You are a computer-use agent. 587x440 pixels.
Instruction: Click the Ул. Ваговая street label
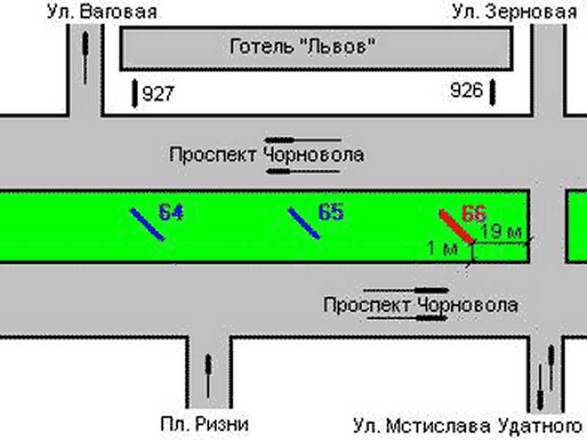pyautogui.click(x=102, y=12)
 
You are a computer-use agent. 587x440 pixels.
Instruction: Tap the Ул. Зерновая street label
pyautogui.click(x=514, y=12)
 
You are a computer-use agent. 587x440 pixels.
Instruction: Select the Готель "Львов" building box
pyautogui.click(x=316, y=48)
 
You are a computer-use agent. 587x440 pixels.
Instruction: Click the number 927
pyautogui.click(x=158, y=94)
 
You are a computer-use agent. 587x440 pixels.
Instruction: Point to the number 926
pyautogui.click(x=467, y=90)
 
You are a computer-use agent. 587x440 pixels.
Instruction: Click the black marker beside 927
pyautogui.click(x=135, y=93)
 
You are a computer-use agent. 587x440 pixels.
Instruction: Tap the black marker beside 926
pyautogui.click(x=492, y=92)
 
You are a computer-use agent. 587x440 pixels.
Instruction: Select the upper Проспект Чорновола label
pyautogui.click(x=266, y=155)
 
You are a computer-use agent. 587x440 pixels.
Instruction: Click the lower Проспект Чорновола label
pyautogui.click(x=420, y=305)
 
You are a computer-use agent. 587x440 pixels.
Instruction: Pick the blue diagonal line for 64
pyautogui.click(x=147, y=224)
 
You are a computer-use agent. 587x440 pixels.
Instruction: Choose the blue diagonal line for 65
pyautogui.click(x=304, y=224)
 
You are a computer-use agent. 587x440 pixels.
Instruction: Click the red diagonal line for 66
pyautogui.click(x=456, y=227)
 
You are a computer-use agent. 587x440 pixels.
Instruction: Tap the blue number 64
pyautogui.click(x=171, y=213)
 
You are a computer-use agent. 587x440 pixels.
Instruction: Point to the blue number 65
pyautogui.click(x=331, y=212)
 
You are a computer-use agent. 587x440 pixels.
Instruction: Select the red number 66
pyautogui.click(x=474, y=214)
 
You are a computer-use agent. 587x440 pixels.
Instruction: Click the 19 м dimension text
pyautogui.click(x=501, y=232)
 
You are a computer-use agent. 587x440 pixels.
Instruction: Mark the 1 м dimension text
pyautogui.click(x=442, y=249)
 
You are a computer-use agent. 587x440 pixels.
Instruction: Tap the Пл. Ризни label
pyautogui.click(x=205, y=425)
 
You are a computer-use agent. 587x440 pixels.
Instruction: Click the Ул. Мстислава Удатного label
pyautogui.click(x=467, y=426)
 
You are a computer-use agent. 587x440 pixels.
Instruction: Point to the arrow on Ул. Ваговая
pyautogui.click(x=85, y=58)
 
